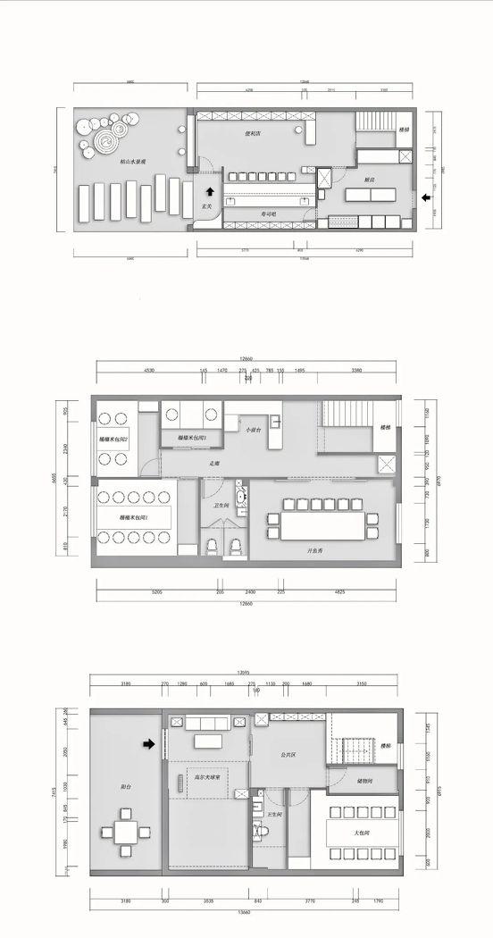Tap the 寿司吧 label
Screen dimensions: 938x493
(x=268, y=215)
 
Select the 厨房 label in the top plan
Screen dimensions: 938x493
(x=369, y=180)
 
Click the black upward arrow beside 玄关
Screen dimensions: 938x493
(x=209, y=190)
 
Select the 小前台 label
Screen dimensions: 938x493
(x=254, y=430)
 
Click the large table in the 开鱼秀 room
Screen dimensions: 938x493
(x=322, y=524)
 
